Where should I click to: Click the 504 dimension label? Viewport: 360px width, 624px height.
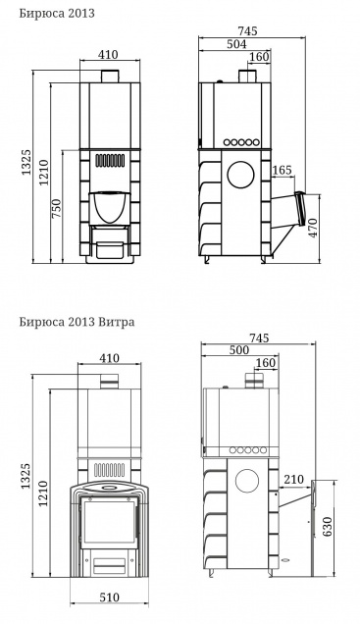236,44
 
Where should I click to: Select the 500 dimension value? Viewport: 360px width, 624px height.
239,350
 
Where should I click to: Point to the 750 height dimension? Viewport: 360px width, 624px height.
57,208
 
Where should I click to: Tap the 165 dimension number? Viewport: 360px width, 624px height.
283,171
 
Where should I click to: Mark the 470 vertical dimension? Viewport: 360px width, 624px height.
314,228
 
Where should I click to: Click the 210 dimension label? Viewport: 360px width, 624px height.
293,480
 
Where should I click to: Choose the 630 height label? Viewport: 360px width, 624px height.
327,527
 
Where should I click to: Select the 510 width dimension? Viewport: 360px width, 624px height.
110,598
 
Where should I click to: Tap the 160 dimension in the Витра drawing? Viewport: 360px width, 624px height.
266,363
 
